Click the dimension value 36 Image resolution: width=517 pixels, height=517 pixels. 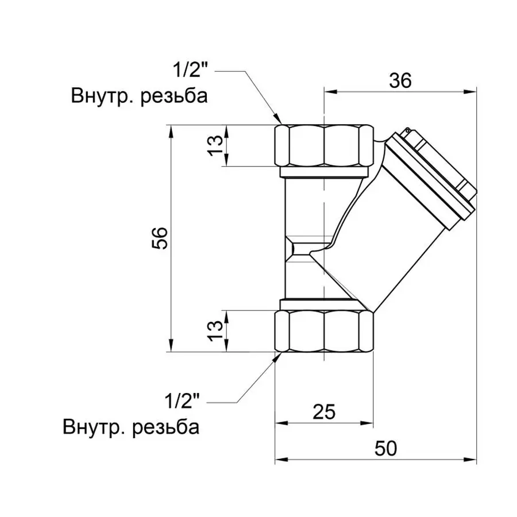400,81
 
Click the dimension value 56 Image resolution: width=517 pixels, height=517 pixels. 161,238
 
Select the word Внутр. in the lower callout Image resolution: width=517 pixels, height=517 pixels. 94,427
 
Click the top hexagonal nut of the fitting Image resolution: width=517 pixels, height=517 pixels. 324,146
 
